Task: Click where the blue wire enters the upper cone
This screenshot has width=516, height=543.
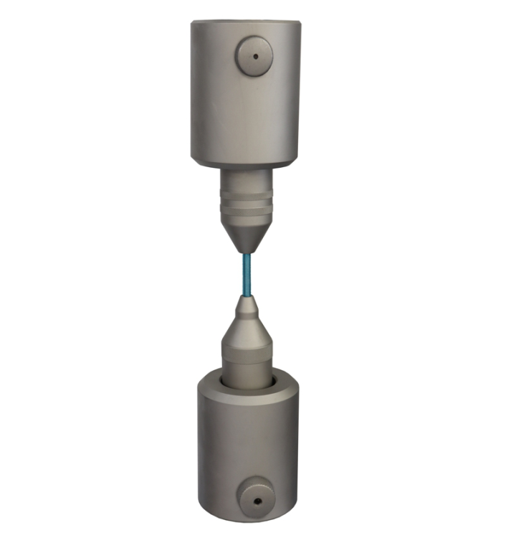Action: (x=244, y=253)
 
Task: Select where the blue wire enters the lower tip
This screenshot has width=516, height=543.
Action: (x=247, y=296)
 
